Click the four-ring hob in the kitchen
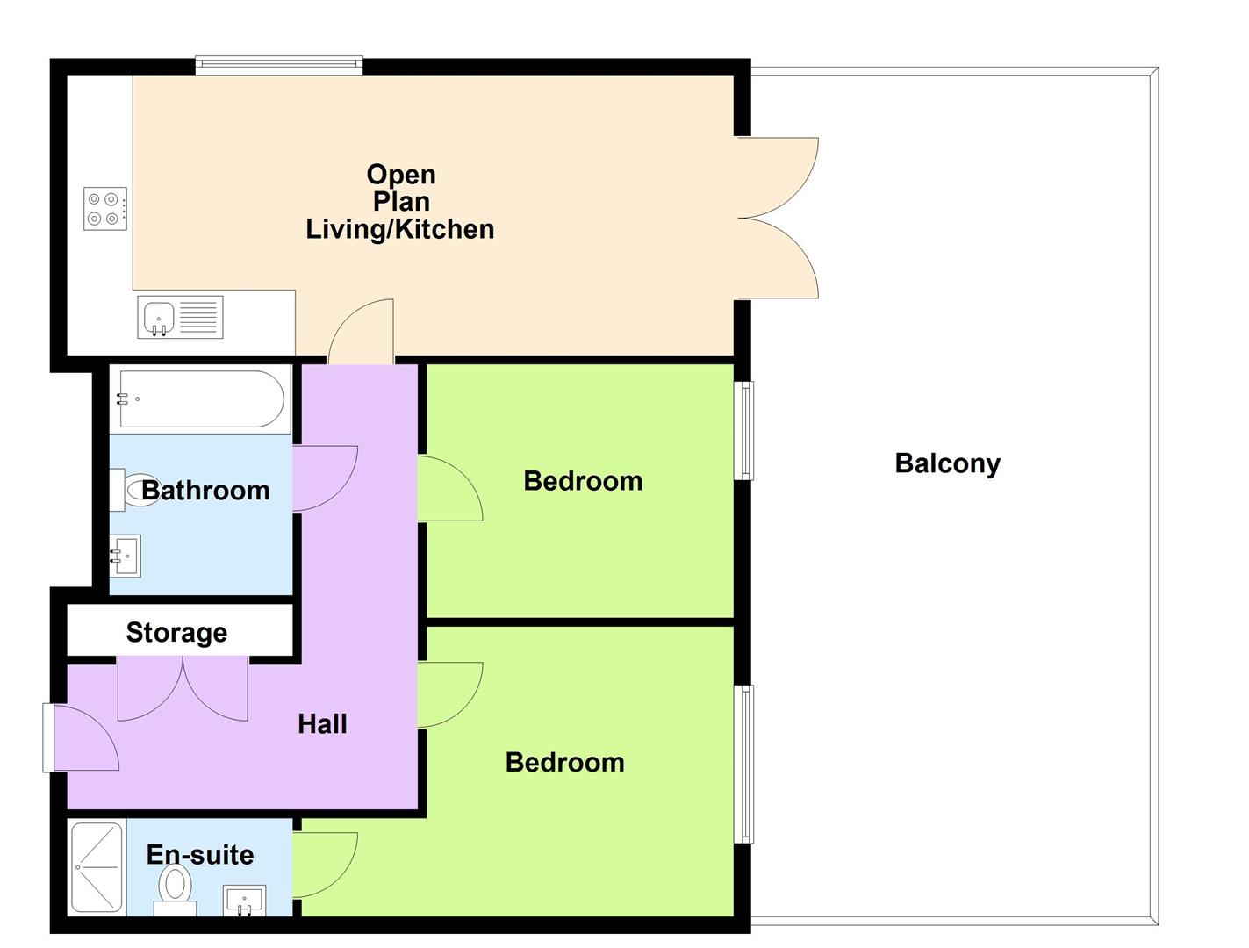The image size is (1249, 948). coord(105,209)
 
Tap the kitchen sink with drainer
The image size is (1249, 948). coord(180,317)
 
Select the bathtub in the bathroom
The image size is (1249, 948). coord(201,399)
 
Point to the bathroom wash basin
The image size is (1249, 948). coord(125,556)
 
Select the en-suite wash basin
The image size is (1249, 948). coord(245,901)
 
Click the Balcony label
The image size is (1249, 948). coord(947,463)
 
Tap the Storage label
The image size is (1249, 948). coord(176,632)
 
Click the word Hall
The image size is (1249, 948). coord(322,724)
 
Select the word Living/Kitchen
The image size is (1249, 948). coord(399,229)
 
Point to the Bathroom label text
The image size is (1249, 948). coord(205,490)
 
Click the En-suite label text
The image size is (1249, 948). coord(200,854)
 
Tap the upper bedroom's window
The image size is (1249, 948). coord(743,430)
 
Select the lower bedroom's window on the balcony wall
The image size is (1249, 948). coord(743,764)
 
